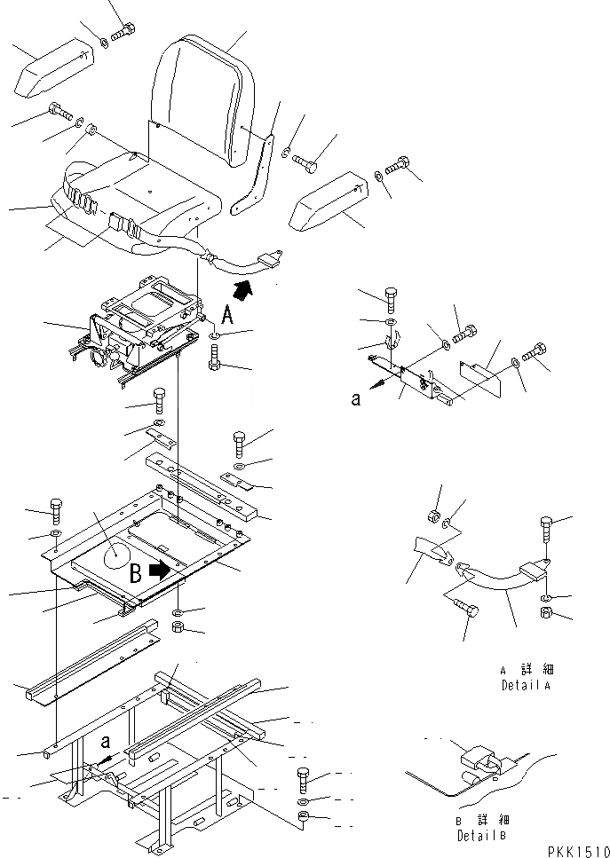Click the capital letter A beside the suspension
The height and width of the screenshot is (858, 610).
(x=228, y=313)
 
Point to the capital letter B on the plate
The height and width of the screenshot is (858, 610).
(x=137, y=573)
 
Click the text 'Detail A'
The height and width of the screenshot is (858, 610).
(x=525, y=686)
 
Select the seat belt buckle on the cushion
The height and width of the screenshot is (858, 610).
(x=121, y=219)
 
